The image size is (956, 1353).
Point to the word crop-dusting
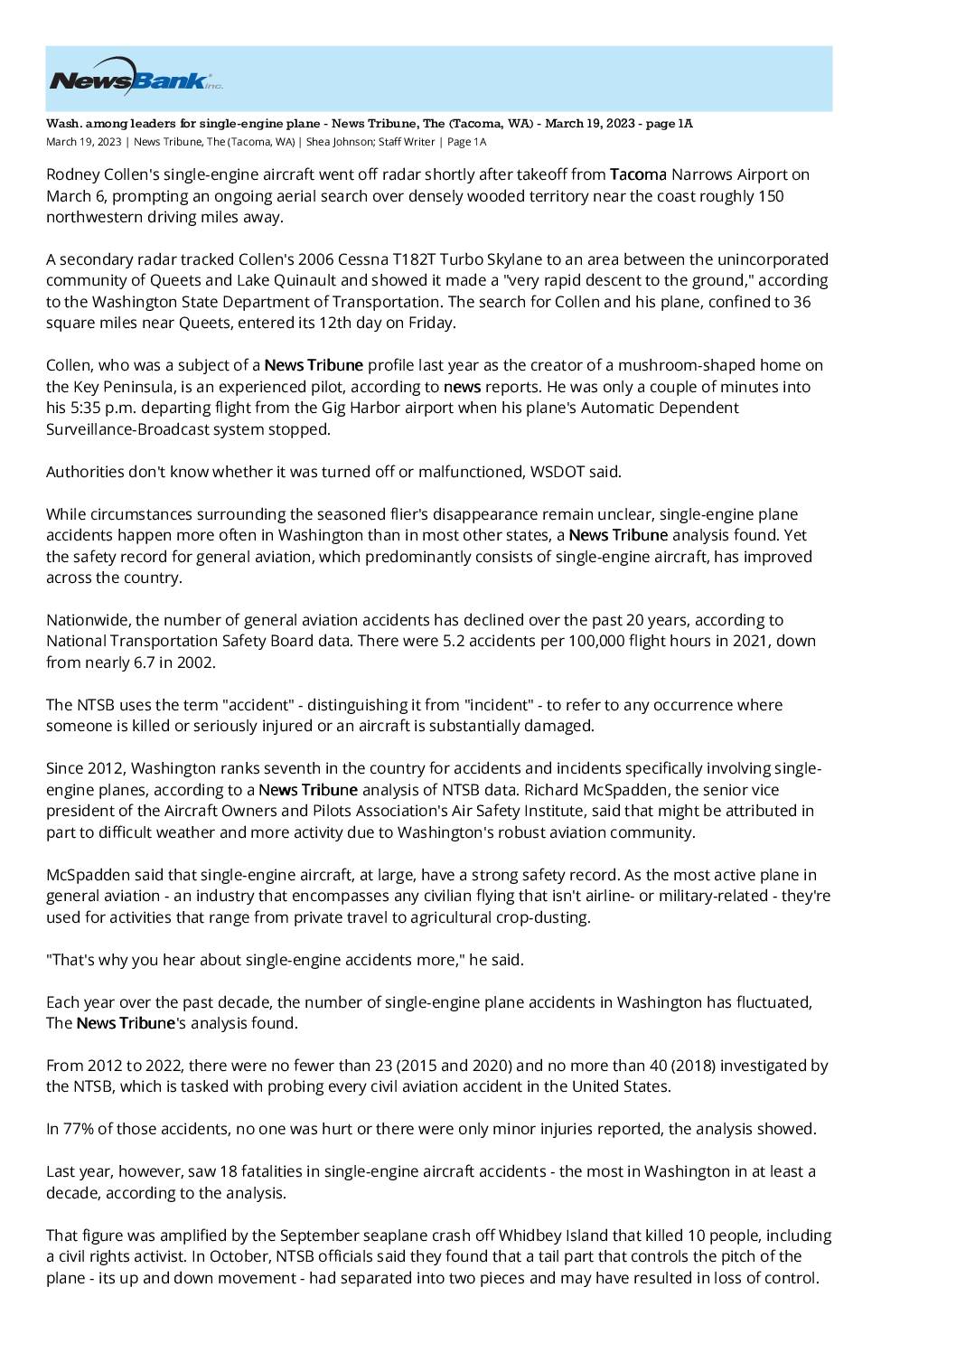(x=546, y=917)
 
